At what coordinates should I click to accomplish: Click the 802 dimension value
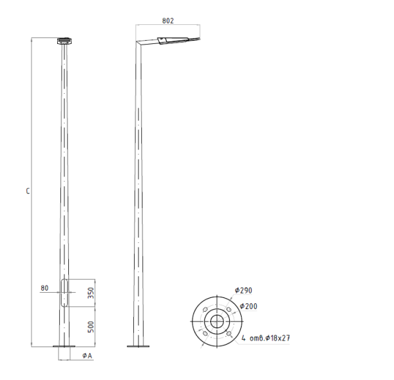click(x=167, y=21)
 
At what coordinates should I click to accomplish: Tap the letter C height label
click(x=27, y=192)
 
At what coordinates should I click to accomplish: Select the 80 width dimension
click(x=45, y=287)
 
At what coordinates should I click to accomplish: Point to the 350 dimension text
click(x=91, y=293)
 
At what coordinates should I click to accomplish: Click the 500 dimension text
click(x=91, y=326)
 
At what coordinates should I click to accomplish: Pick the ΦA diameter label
click(x=87, y=355)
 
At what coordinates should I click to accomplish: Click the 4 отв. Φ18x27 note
click(x=267, y=339)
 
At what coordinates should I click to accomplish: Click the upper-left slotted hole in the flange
click(x=204, y=310)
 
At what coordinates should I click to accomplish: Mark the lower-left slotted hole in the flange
click(x=204, y=333)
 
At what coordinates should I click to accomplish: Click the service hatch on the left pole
click(x=64, y=293)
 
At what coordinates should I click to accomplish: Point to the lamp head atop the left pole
click(x=64, y=41)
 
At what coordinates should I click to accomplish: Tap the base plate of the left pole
click(x=64, y=347)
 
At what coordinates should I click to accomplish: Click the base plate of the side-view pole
click(x=138, y=347)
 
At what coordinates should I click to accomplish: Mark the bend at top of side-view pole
click(x=139, y=45)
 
